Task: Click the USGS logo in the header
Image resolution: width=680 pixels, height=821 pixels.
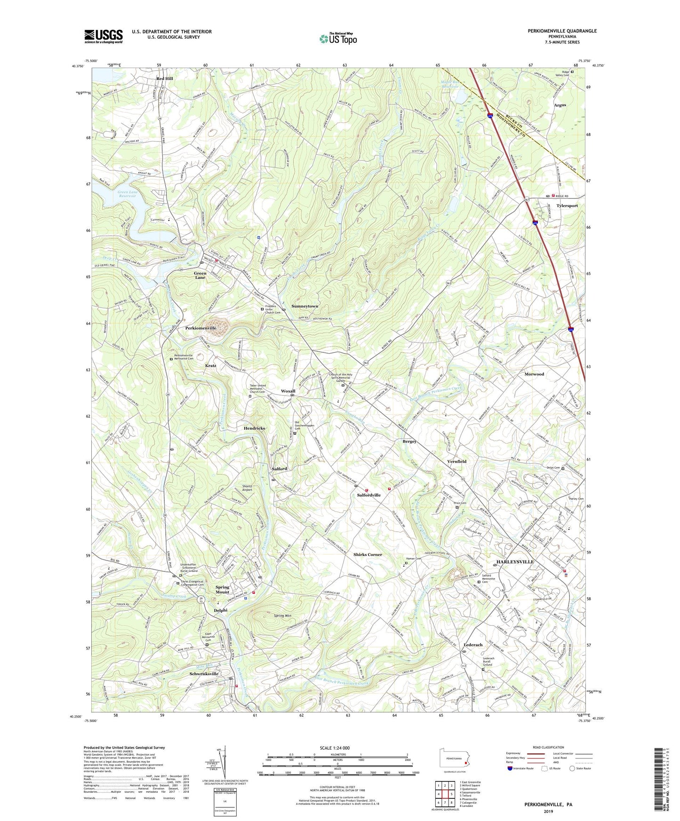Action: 104,36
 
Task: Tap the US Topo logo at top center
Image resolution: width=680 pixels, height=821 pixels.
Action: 337,39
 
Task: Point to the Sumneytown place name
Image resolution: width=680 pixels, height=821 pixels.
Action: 304,306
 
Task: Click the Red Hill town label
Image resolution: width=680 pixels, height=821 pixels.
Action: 165,79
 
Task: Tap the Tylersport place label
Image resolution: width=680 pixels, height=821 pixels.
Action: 567,206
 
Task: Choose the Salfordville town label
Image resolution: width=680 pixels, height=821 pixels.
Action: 368,495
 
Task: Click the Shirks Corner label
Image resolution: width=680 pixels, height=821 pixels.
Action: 368,555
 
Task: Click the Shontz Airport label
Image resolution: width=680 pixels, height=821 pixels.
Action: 247,488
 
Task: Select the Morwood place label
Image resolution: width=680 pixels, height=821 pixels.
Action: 534,374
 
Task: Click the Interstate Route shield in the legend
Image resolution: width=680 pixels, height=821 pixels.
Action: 510,768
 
